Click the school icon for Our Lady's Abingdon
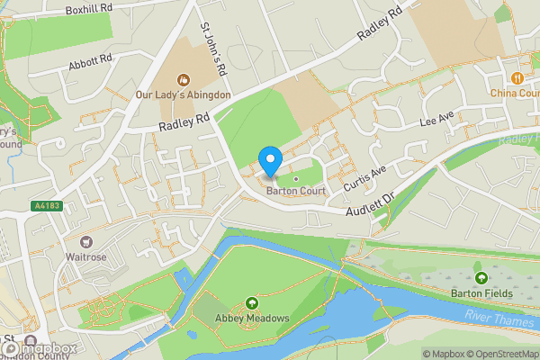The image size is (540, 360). coord(184,80)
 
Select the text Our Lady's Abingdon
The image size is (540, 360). coord(184,94)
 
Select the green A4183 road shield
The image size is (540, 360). coord(47,206)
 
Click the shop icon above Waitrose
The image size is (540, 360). coord(86,241)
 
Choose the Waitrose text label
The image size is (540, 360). coord(86,256)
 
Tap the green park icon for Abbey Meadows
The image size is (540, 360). coord(250,303)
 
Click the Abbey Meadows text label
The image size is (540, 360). coord(250,318)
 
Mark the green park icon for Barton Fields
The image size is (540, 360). coord(481,278)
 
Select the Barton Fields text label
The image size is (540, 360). coord(481,293)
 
